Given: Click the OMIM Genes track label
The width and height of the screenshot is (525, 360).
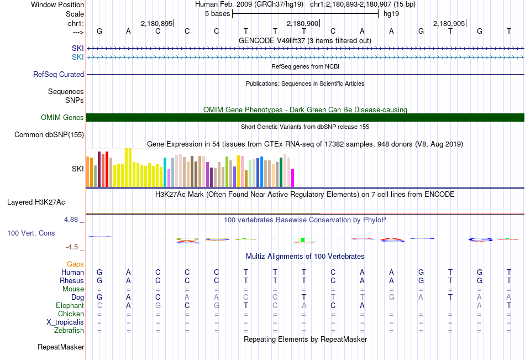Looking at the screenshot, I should [x=62, y=117].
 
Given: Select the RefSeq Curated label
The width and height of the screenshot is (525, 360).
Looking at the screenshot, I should [x=59, y=74].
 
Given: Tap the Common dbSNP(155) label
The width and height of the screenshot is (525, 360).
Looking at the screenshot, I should [x=49, y=134].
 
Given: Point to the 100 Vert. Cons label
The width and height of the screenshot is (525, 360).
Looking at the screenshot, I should [x=31, y=233].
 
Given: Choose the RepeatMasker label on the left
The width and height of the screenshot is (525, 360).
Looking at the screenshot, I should [x=61, y=347].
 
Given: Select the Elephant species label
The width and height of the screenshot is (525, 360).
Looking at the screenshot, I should [x=70, y=306].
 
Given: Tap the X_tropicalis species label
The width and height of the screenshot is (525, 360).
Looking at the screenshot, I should [x=65, y=322].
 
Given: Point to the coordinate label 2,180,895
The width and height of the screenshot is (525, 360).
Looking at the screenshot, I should [x=156, y=24].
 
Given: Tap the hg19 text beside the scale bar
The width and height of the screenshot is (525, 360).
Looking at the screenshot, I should [x=391, y=13].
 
